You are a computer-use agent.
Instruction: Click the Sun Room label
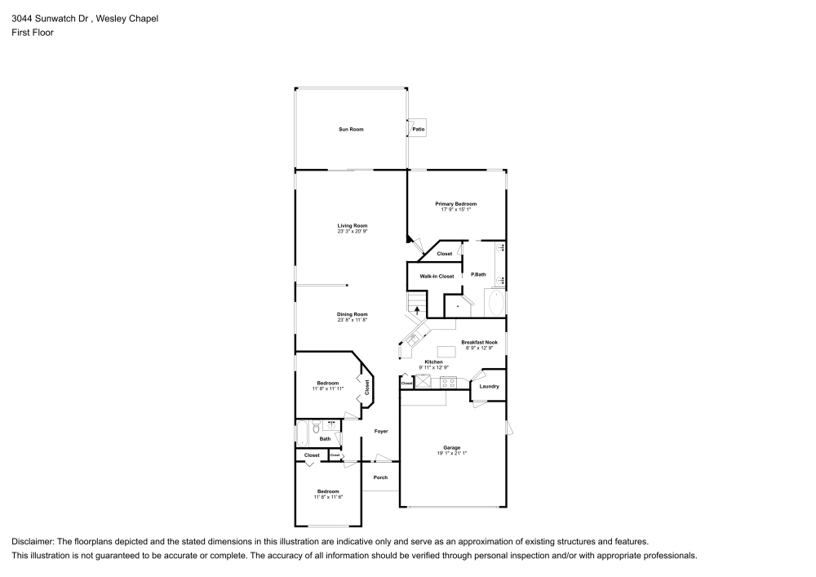click(351, 129)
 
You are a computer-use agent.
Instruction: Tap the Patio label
click(418, 129)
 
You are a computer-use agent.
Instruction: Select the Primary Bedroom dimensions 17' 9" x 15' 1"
click(455, 210)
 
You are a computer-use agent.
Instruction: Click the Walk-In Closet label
click(437, 277)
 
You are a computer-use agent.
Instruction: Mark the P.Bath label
click(478, 274)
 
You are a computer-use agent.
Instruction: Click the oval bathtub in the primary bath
click(495, 304)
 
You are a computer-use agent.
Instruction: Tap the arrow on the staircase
click(417, 309)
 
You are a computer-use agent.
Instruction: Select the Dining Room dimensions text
click(353, 320)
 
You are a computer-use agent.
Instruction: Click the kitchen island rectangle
click(446, 351)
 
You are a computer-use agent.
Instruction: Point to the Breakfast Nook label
click(479, 342)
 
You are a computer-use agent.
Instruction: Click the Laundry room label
click(489, 387)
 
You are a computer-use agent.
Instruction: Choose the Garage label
click(452, 446)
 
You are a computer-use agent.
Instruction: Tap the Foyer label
click(381, 431)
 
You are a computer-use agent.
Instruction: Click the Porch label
click(380, 477)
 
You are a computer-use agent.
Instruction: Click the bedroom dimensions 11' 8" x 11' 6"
click(327, 497)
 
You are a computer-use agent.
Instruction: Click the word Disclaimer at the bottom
click(32, 541)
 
